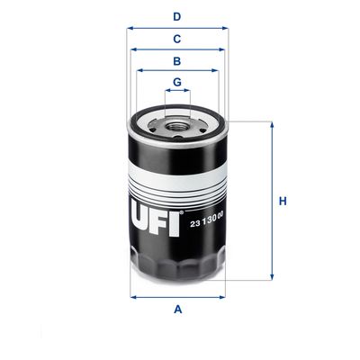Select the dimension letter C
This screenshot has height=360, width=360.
[x=177, y=39]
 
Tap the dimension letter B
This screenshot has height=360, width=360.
[x=177, y=61]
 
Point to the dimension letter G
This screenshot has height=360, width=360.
[x=177, y=82]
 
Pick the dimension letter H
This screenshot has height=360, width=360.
[x=282, y=201]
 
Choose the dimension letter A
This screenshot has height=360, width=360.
[x=177, y=310]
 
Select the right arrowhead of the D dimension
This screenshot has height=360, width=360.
[x=226, y=28]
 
